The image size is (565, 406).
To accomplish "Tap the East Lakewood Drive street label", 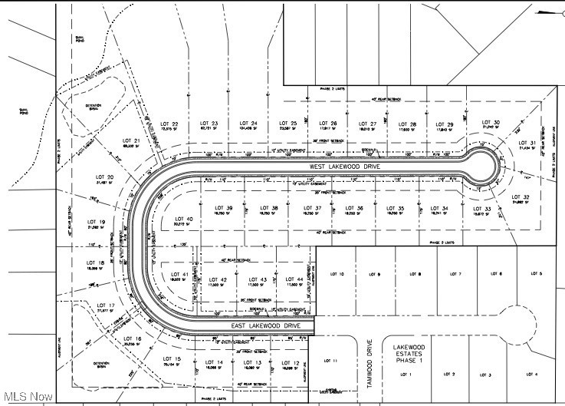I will [x=264, y=327].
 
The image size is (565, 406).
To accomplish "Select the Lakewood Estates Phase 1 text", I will [x=409, y=354].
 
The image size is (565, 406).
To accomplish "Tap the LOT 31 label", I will [x=527, y=143].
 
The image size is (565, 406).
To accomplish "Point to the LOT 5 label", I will [x=535, y=274].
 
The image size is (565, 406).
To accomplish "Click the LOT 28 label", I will [x=408, y=124].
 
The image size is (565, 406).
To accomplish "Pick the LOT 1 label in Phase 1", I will [x=406, y=374].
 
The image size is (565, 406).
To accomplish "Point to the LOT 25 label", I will [x=288, y=124].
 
